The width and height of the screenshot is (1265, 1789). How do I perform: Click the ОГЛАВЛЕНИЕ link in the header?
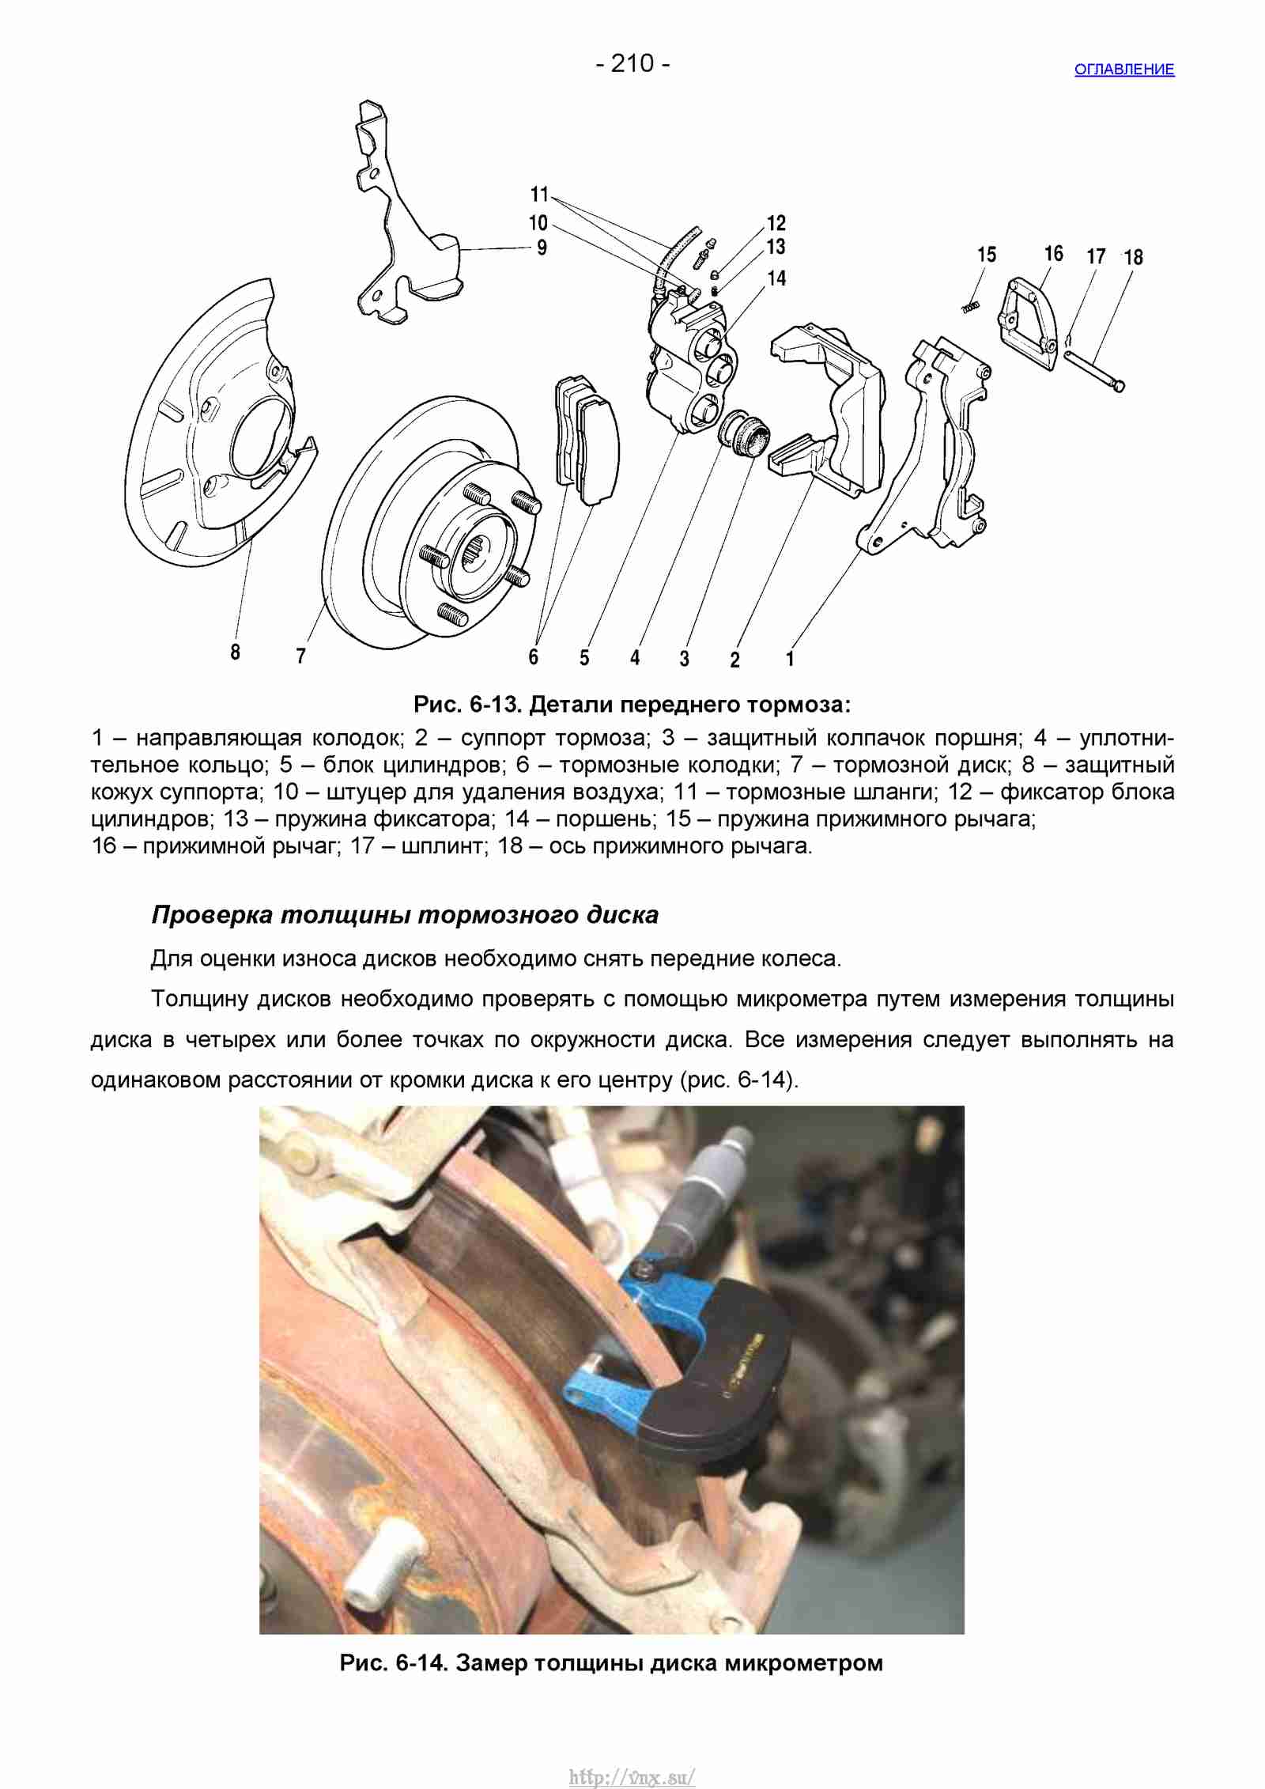(1124, 70)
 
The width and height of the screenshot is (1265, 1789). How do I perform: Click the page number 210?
(632, 63)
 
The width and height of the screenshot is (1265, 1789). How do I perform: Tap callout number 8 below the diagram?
(235, 652)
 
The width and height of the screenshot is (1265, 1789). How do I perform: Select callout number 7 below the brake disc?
(300, 656)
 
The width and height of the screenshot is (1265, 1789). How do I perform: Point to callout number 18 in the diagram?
(1133, 257)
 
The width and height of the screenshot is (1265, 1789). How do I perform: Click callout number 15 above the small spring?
(987, 255)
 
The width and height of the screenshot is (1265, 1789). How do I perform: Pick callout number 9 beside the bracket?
(542, 248)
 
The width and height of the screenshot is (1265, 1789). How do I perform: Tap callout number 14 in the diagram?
(776, 278)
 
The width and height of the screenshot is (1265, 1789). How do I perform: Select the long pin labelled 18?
(1094, 370)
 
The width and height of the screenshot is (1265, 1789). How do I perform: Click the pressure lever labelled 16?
(1029, 323)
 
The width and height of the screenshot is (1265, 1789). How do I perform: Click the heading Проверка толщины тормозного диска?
(405, 915)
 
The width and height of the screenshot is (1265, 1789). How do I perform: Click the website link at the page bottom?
(632, 1757)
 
